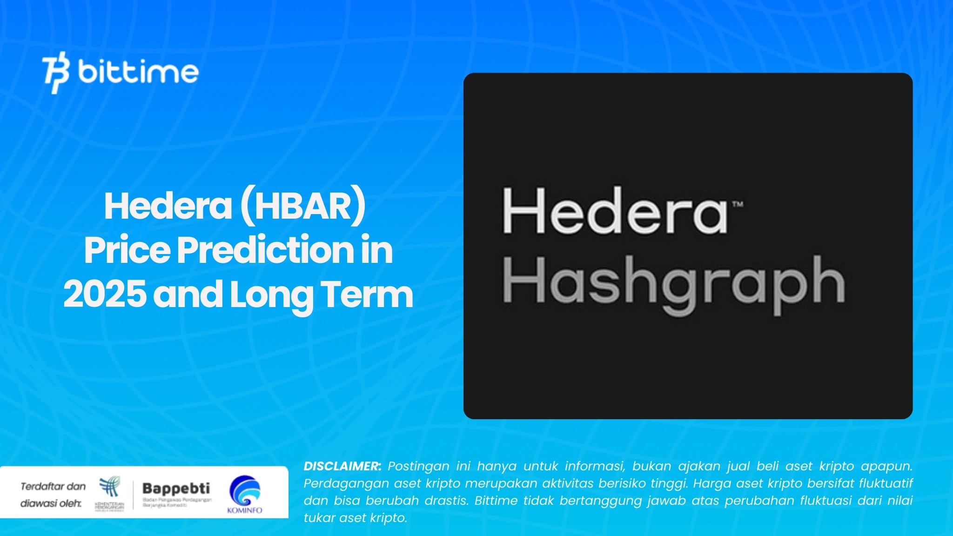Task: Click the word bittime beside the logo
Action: point(138,72)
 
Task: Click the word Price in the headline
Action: point(127,250)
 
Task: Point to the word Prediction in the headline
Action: point(265,250)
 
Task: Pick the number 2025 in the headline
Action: point(105,294)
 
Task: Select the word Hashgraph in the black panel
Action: point(673,282)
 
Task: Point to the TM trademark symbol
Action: point(738,204)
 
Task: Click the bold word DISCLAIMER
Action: point(342,466)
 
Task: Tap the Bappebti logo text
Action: point(176,488)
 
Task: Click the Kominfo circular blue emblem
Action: point(245,490)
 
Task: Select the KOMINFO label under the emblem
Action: point(245,510)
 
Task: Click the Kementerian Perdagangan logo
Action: point(109,489)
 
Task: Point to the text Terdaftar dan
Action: point(53,487)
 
